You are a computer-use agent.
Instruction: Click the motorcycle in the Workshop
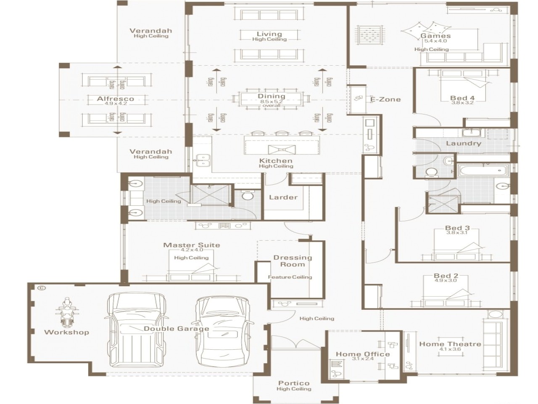[66, 313]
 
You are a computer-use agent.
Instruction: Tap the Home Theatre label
[450, 344]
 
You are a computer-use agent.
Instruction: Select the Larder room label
[283, 197]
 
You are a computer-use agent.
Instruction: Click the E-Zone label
[385, 99]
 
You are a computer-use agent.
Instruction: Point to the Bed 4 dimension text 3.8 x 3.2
[462, 103]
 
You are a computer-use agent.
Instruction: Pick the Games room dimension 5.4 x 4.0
[435, 41]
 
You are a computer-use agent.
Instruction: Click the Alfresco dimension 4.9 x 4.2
[116, 104]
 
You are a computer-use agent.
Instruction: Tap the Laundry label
[463, 143]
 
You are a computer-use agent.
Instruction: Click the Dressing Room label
[293, 261]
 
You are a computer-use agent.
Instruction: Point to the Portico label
[294, 383]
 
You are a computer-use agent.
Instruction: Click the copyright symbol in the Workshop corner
[41, 288]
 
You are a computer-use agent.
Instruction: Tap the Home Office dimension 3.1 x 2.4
[362, 359]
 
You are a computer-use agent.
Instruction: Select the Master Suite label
[191, 245]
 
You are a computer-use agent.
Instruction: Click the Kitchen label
[276, 161]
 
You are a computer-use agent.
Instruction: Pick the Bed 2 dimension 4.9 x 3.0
[446, 281]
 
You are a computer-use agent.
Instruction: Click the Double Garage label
[176, 329]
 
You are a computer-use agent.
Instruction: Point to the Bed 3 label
[457, 228]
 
